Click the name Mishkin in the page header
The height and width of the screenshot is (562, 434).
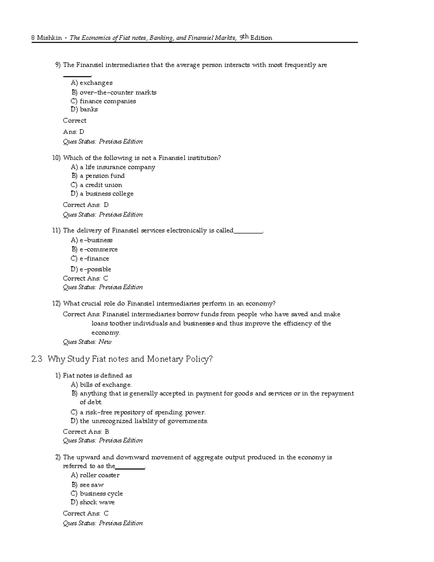click(x=49, y=38)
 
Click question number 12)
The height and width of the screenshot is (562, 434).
click(x=56, y=304)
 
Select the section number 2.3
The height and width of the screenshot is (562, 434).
click(x=37, y=359)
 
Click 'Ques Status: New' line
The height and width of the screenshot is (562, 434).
click(x=87, y=342)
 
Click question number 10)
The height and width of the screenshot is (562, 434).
click(x=56, y=158)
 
